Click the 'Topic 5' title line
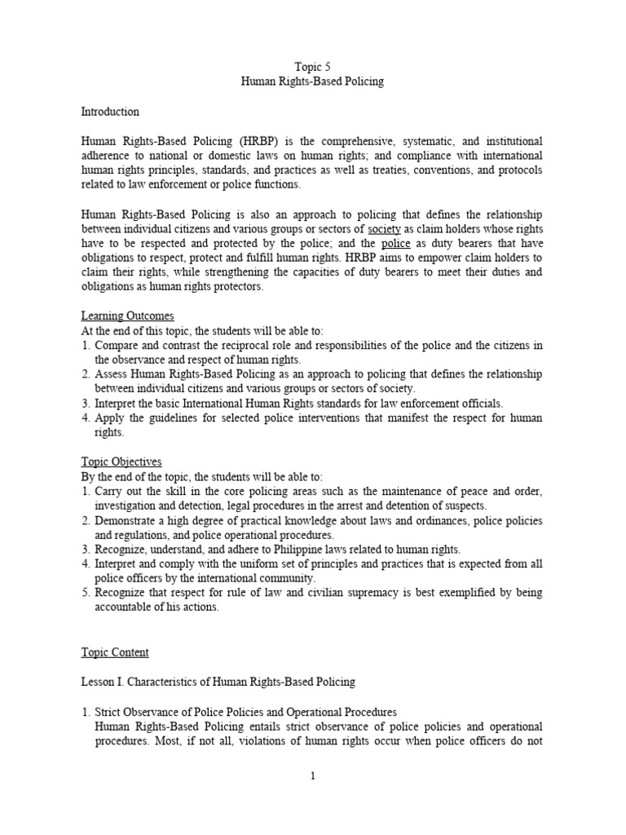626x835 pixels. pyautogui.click(x=311, y=67)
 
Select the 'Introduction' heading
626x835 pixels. pyautogui.click(x=110, y=112)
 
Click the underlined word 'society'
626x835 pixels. pyautogui.click(x=385, y=230)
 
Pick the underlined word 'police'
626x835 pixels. pyautogui.click(x=395, y=245)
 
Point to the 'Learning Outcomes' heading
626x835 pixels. pyautogui.click(x=127, y=316)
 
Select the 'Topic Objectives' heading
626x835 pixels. pyautogui.click(x=121, y=462)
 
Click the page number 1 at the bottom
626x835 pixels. pyautogui.click(x=311, y=775)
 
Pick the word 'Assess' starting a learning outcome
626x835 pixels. pyautogui.click(x=111, y=375)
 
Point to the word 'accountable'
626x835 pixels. pyautogui.click(x=123, y=608)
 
